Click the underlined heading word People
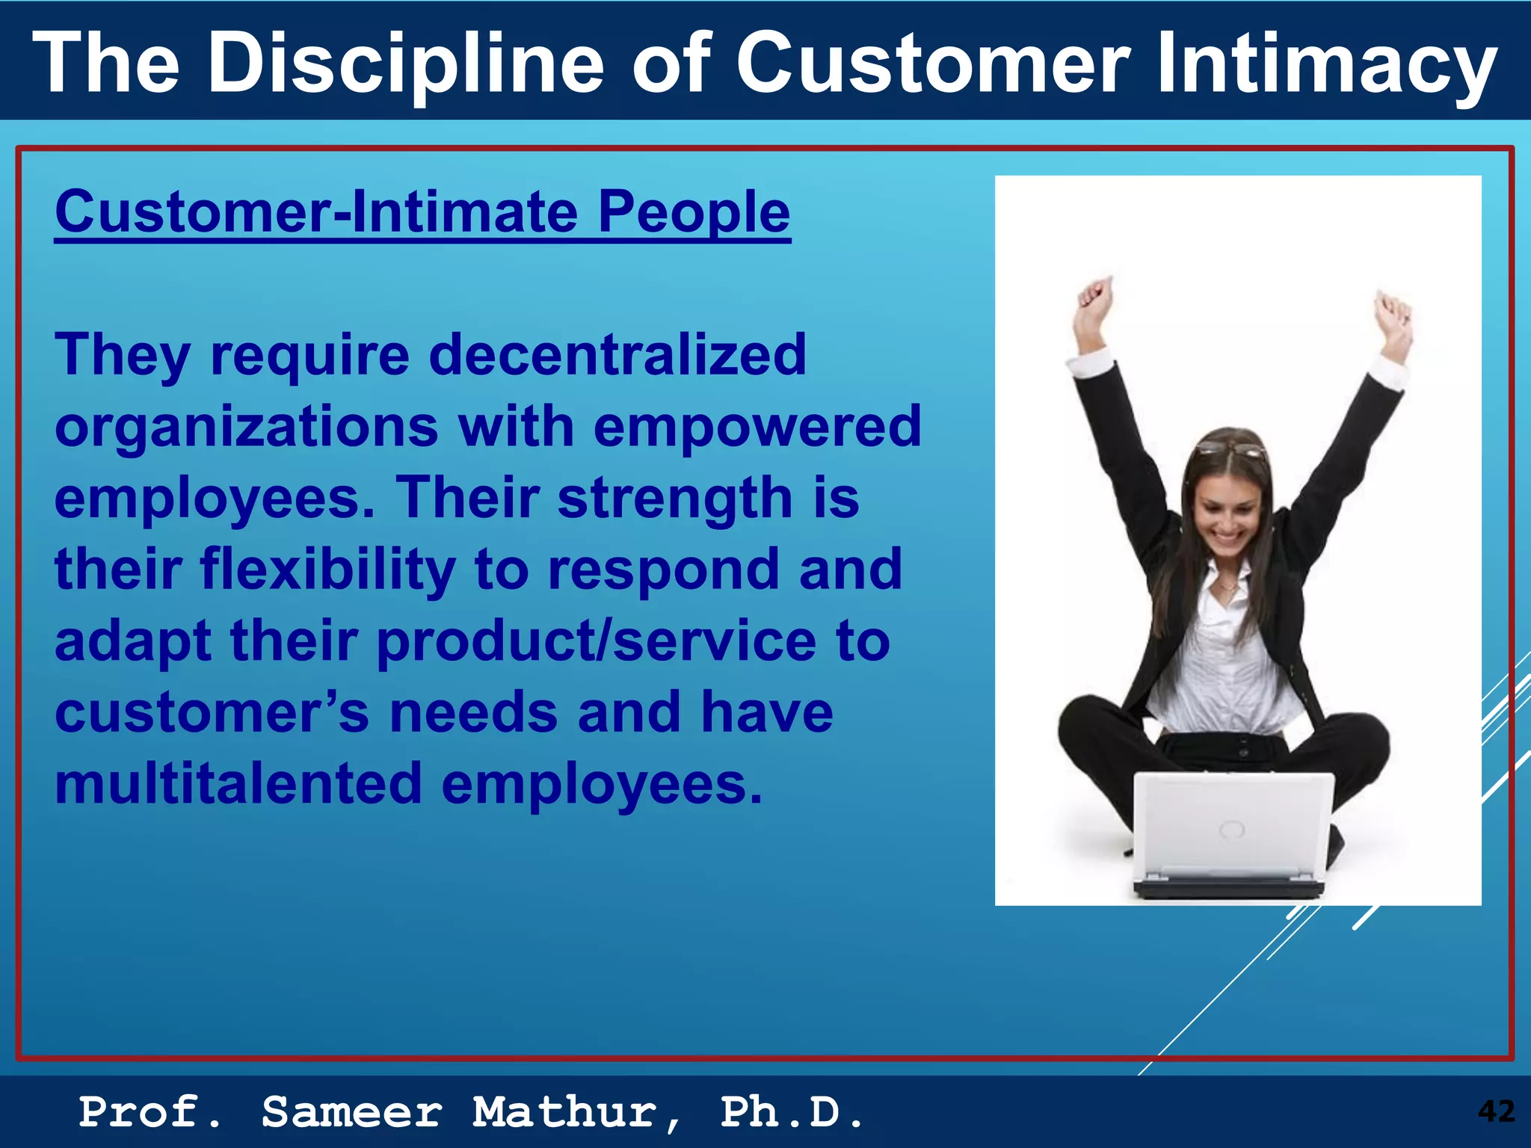point(693,212)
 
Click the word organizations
point(247,427)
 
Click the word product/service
point(597,641)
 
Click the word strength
point(675,498)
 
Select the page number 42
point(1496,1111)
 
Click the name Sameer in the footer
point(352,1112)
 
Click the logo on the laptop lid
point(1231,829)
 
